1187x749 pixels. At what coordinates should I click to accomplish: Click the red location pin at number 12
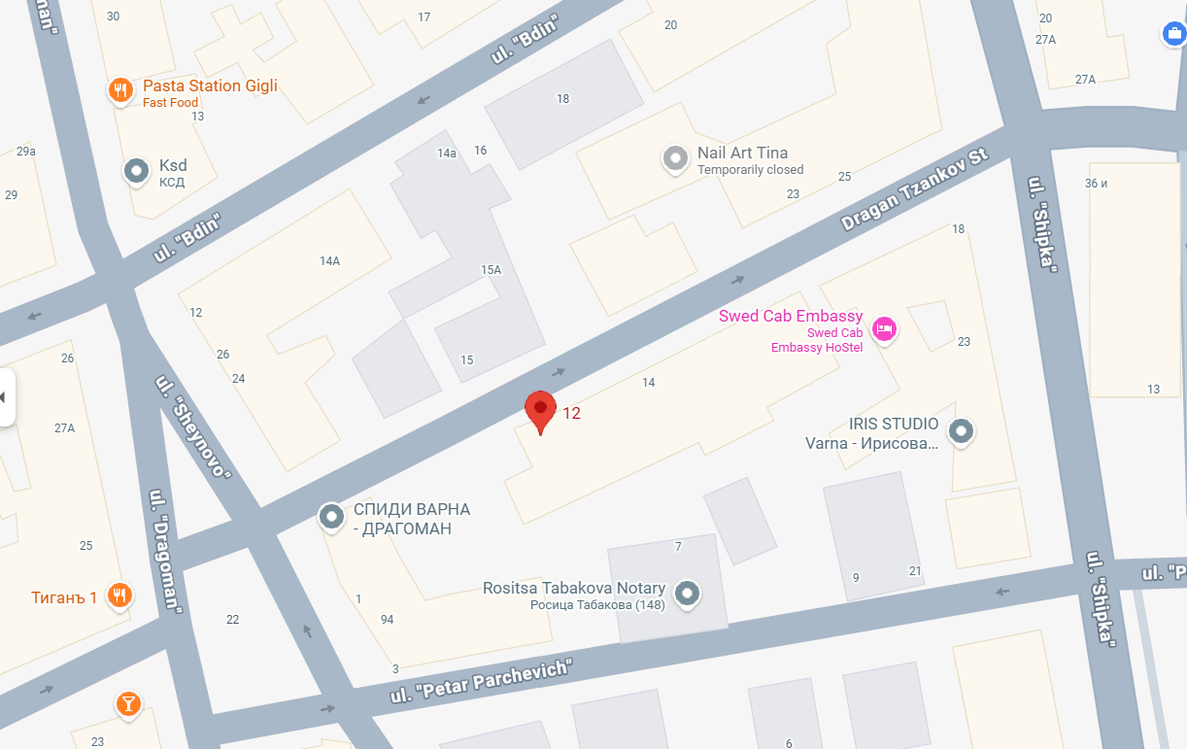click(540, 409)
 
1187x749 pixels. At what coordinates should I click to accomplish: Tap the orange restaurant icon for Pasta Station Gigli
click(120, 90)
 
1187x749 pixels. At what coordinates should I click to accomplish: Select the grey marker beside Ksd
click(137, 171)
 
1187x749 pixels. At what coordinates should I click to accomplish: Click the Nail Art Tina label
click(742, 153)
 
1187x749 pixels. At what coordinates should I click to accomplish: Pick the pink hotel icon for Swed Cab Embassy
click(884, 329)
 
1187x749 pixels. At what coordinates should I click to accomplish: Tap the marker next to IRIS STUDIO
click(961, 431)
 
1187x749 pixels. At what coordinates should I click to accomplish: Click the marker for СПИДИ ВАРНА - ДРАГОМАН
click(332, 517)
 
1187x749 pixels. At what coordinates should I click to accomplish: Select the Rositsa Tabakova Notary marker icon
click(688, 593)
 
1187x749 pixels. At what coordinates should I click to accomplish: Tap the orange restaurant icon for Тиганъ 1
click(120, 596)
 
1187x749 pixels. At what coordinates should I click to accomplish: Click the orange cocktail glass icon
click(127, 702)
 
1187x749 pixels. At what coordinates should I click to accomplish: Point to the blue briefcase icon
click(1173, 34)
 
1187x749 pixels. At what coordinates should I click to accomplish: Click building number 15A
click(491, 269)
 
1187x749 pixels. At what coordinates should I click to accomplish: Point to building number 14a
click(447, 153)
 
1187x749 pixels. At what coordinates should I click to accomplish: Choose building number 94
click(388, 619)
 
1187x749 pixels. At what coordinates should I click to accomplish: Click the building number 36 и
click(1096, 184)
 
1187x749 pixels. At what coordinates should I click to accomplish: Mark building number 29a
click(26, 151)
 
